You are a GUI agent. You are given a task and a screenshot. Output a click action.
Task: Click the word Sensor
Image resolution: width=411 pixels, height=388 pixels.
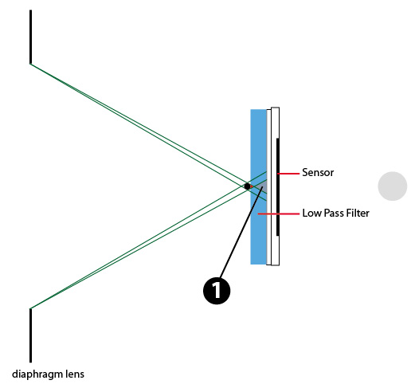click(x=318, y=173)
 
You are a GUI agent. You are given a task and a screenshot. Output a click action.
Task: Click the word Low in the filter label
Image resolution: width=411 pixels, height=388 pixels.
click(x=312, y=214)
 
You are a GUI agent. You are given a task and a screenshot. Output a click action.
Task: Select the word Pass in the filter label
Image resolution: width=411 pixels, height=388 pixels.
click(x=335, y=214)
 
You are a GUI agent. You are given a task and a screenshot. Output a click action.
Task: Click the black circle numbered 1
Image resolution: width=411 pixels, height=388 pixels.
click(x=217, y=291)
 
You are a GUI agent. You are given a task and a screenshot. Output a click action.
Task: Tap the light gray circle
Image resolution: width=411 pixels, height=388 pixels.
click(x=393, y=186)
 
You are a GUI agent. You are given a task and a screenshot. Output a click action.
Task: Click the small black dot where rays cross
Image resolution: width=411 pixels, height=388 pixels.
click(x=247, y=186)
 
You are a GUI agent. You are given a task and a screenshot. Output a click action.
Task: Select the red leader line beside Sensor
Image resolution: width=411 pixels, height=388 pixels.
click(x=288, y=174)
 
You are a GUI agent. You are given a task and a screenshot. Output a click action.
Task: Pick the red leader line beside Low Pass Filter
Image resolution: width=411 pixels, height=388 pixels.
click(x=279, y=214)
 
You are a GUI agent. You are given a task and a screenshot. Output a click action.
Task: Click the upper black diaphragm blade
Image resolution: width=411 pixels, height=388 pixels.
click(x=30, y=37)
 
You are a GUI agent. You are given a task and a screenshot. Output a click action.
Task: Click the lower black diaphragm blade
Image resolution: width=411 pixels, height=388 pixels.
click(x=30, y=335)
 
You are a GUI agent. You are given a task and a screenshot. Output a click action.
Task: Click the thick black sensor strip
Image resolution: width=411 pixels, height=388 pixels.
click(x=278, y=187)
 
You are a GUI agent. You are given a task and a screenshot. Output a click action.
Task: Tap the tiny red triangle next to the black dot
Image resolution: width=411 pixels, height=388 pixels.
click(x=252, y=186)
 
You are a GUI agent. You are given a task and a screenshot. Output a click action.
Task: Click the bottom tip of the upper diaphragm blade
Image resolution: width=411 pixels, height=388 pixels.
click(x=30, y=64)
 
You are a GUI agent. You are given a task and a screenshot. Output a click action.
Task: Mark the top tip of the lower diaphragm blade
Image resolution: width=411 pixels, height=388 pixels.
click(x=30, y=308)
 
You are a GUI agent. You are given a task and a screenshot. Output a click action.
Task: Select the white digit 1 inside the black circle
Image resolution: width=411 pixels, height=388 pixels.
click(x=217, y=290)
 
